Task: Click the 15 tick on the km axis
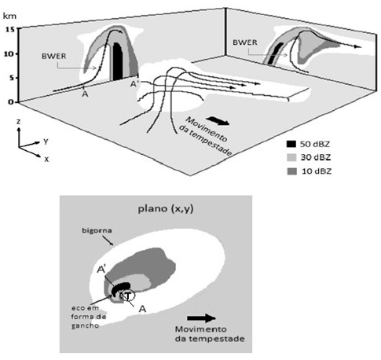click(x=9, y=29)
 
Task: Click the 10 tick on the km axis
click(x=9, y=53)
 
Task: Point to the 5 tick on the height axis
click(x=11, y=78)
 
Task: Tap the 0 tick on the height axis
click(x=11, y=102)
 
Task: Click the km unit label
click(x=9, y=16)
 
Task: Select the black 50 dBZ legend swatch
click(x=291, y=144)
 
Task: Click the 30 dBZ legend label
click(x=316, y=157)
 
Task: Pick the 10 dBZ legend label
click(x=317, y=171)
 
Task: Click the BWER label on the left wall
click(x=54, y=57)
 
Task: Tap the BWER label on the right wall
click(x=245, y=42)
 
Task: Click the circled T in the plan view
click(x=127, y=296)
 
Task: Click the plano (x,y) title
click(x=166, y=209)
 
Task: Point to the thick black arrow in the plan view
click(x=201, y=318)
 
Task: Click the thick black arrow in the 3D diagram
click(x=218, y=121)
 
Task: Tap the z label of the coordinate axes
click(x=18, y=122)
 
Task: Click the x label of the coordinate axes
click(x=46, y=159)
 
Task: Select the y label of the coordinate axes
click(x=46, y=141)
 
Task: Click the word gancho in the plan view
click(x=86, y=325)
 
